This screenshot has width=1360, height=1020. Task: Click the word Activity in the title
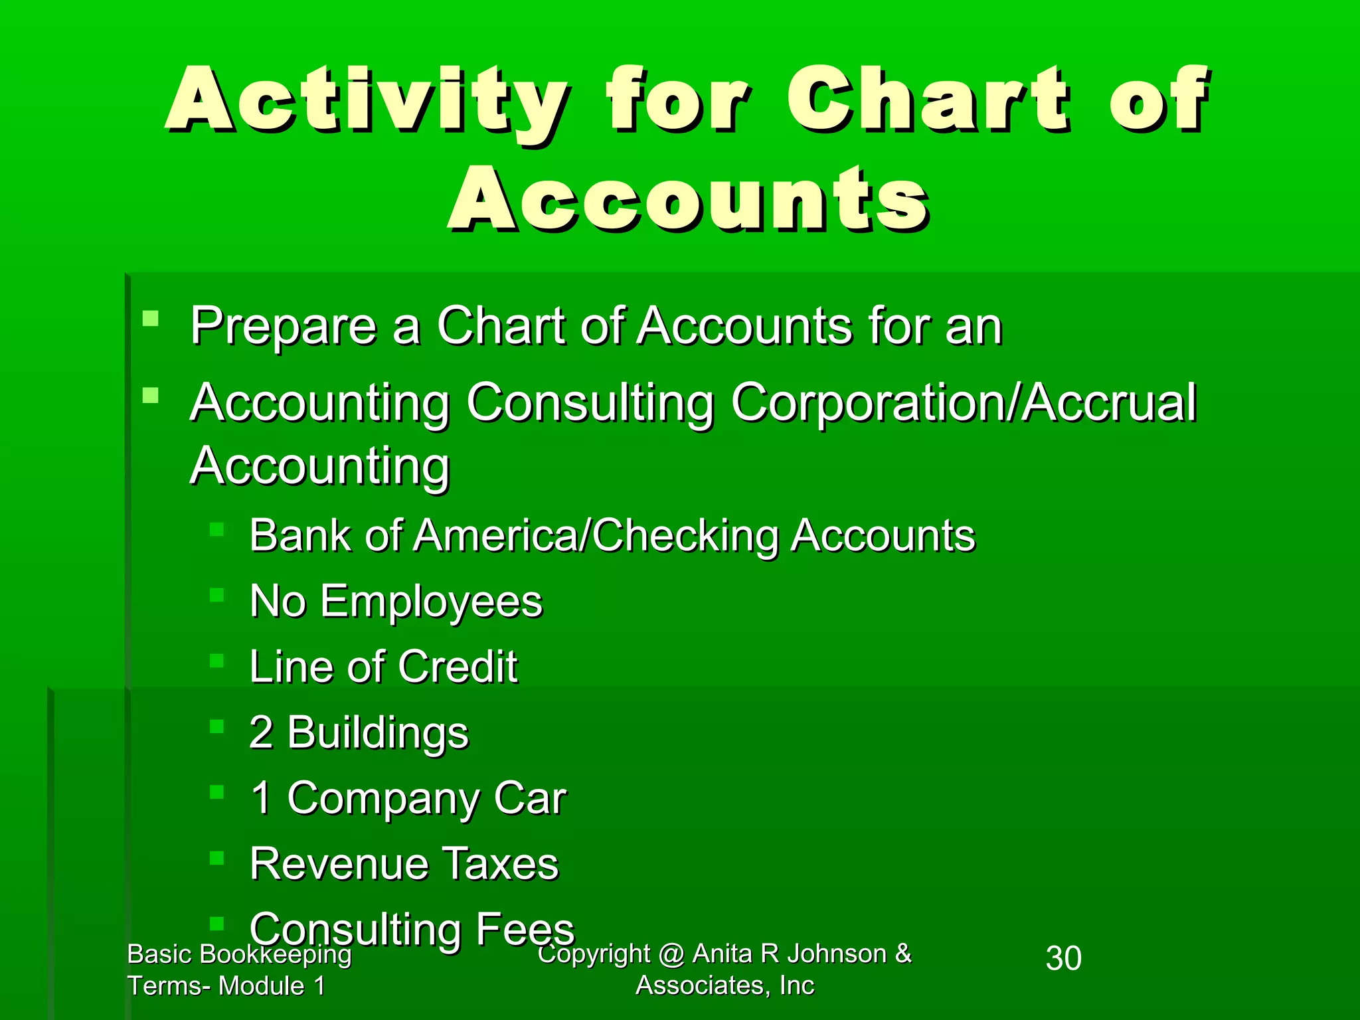(367, 101)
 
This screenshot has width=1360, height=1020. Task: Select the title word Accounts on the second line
(689, 199)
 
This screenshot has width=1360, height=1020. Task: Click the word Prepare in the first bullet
(283, 327)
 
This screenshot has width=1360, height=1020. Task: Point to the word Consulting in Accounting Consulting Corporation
(590, 403)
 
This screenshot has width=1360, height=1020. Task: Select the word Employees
(432, 602)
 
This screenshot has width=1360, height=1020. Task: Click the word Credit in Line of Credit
(458, 667)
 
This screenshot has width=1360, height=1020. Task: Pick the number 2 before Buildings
(261, 732)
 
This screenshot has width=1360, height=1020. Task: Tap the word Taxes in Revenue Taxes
(501, 864)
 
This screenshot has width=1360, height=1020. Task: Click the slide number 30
(1063, 958)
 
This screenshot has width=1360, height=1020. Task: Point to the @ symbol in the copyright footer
(671, 954)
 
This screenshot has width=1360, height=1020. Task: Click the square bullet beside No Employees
(217, 594)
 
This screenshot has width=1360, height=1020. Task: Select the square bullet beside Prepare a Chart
(151, 319)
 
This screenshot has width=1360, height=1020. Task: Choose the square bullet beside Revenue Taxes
(217, 857)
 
